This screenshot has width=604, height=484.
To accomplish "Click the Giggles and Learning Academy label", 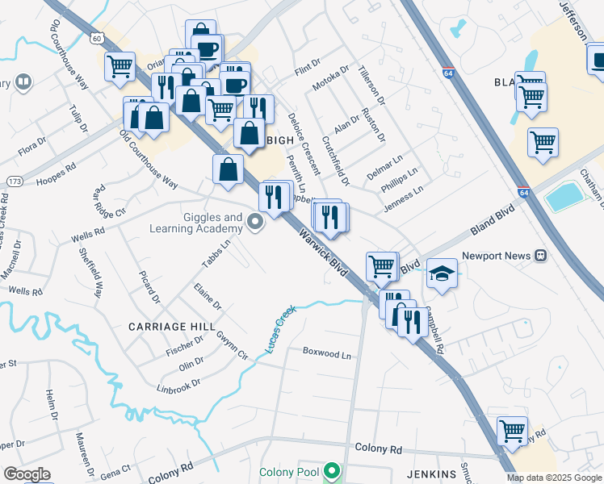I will click(195, 223).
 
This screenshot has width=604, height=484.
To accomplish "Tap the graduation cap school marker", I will click(442, 273).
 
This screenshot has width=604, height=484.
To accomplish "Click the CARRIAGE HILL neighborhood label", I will click(172, 327).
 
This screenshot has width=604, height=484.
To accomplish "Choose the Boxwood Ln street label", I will click(327, 353).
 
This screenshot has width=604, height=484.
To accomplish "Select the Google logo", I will click(27, 474).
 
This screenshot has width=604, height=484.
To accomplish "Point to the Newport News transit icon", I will click(540, 256).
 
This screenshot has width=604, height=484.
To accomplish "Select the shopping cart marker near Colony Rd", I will click(512, 432).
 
